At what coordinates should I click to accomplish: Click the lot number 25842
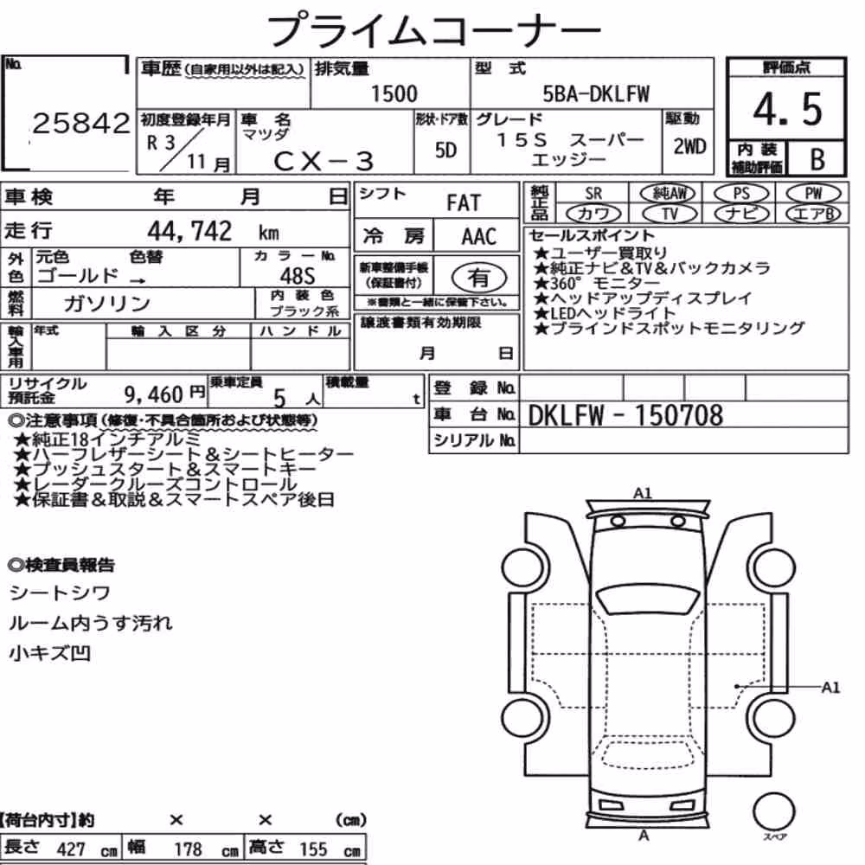pos(81,123)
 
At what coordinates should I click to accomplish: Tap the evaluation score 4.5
pos(787,109)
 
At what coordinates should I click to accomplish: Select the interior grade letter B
pos(817,159)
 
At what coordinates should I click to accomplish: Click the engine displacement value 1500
pos(394,93)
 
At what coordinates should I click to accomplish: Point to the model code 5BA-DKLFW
pos(596,93)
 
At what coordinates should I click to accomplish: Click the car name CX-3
pos(324,161)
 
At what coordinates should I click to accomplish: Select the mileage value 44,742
pos(189,231)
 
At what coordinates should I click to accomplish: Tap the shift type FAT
pos(464,203)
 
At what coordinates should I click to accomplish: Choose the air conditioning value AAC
pos(478,237)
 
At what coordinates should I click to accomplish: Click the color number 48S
pos(298,276)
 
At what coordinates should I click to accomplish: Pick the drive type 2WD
pos(689,146)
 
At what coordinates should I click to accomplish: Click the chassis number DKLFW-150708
pos(625,415)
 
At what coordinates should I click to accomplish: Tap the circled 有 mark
pos(479,278)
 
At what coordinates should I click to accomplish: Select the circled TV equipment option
pos(670,213)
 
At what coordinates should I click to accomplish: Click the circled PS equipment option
pos(741,194)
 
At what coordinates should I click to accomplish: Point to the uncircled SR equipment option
pos(593,194)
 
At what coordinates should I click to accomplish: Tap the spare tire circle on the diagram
pos(773,812)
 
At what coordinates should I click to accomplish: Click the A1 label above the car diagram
pos(642,493)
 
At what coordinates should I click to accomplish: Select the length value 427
pos(71,849)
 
